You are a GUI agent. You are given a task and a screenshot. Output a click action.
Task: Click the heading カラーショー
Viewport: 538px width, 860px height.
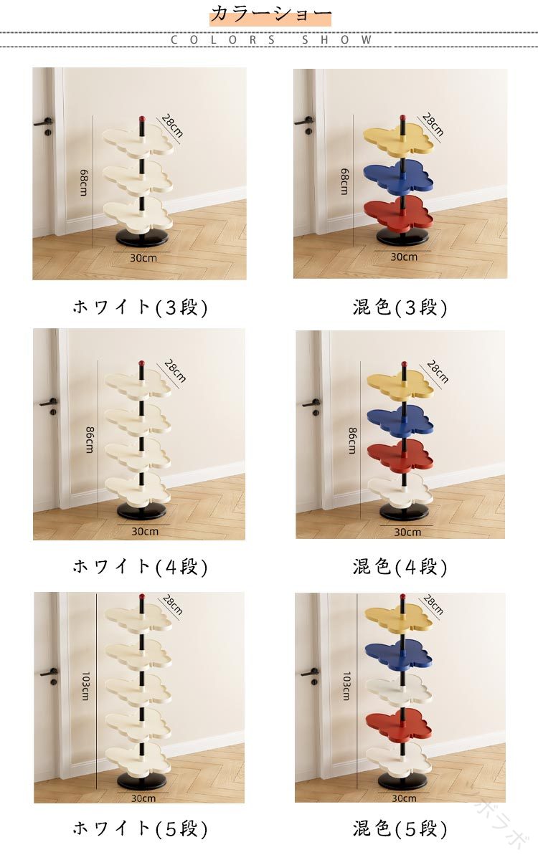270,14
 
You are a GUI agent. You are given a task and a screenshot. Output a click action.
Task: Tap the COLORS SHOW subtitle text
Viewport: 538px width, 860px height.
271,39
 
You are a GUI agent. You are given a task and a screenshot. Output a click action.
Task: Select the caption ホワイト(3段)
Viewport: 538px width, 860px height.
141,307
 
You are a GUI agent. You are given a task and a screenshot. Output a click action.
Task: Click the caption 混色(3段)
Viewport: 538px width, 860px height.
400,307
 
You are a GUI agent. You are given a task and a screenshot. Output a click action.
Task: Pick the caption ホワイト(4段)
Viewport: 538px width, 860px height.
141,567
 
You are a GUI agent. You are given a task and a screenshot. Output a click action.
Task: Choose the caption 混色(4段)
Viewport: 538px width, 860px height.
400,567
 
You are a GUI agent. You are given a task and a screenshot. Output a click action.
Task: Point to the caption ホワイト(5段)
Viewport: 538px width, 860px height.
141,828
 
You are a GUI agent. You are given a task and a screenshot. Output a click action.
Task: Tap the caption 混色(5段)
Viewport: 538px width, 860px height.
400,828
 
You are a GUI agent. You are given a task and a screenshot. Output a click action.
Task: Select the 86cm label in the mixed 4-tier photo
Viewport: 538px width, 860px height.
352,441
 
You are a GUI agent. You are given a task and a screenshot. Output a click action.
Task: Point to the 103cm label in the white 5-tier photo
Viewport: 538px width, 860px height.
85,686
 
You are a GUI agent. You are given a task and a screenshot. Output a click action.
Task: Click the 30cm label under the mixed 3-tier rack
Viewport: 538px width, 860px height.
404,257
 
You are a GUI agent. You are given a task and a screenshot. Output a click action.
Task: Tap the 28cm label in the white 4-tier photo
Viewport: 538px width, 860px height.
175,371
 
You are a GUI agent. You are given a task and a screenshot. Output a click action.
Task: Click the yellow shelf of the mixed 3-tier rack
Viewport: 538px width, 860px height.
398,139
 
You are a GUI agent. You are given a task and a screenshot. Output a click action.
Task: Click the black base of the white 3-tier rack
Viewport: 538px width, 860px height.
142,239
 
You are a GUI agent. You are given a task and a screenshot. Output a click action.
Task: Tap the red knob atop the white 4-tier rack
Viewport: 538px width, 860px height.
141,363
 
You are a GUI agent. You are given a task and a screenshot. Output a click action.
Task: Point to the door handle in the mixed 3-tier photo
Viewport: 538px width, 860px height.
304,122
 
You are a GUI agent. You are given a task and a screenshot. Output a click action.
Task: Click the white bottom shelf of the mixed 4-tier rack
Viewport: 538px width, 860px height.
400,490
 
